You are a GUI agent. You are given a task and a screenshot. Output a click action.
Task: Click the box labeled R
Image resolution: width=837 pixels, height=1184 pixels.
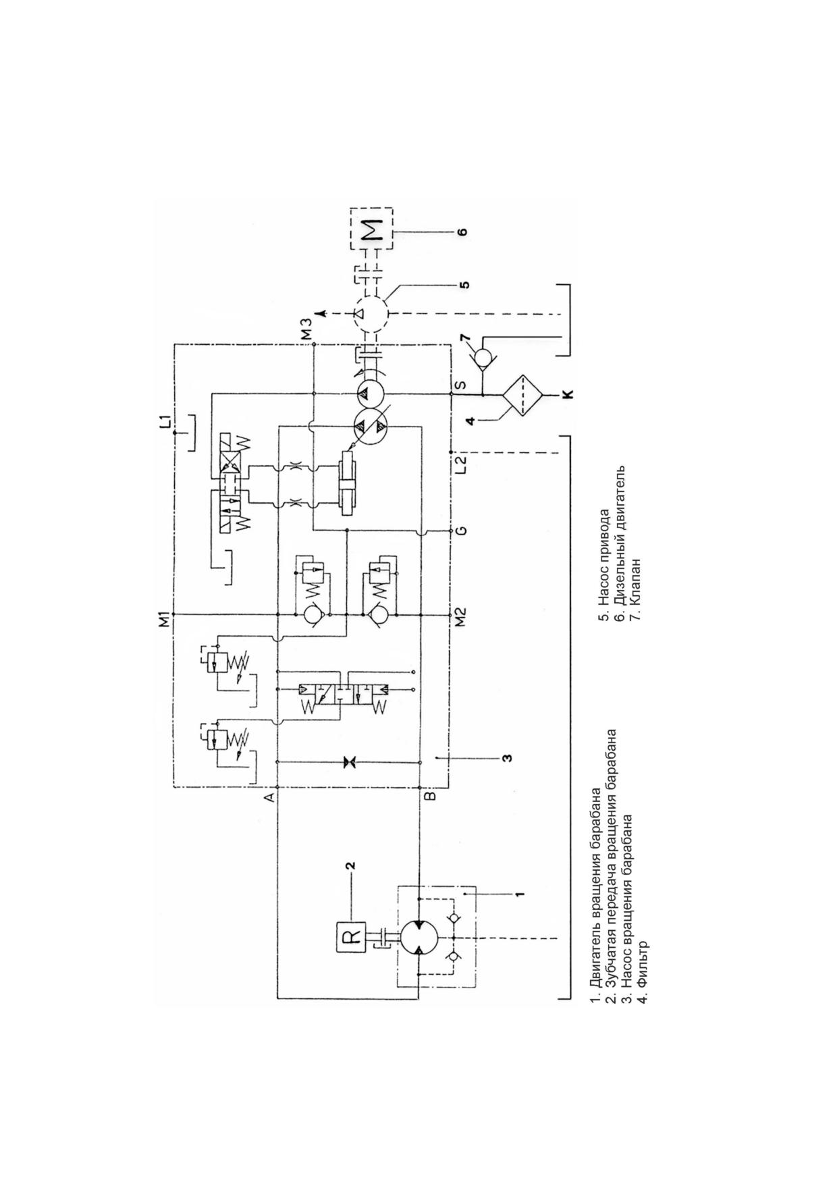pos(350,938)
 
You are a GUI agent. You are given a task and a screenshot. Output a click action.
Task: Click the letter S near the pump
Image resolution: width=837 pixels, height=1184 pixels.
pos(460,385)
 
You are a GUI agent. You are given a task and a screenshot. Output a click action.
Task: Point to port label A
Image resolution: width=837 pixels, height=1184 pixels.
pos(269,797)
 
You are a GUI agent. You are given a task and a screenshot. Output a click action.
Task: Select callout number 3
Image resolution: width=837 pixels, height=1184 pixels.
pos(507,758)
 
